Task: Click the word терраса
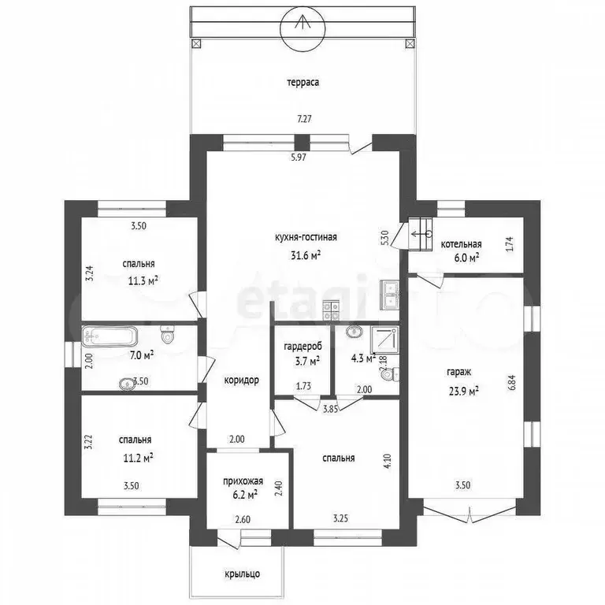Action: (302, 83)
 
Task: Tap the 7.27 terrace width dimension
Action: (304, 119)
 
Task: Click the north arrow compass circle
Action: (302, 28)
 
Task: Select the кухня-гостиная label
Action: (306, 237)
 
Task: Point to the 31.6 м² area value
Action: (306, 255)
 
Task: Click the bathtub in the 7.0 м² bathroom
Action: (109, 336)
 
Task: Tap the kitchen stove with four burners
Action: (331, 310)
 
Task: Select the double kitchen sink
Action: (391, 295)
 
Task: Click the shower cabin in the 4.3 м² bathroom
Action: (385, 340)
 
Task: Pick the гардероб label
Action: (302, 347)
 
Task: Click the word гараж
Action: (458, 373)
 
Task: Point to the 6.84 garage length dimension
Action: (513, 382)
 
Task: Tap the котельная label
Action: (461, 244)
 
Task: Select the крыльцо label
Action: (243, 573)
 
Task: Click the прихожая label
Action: (243, 481)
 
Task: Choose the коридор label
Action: (242, 380)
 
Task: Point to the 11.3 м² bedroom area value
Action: (143, 280)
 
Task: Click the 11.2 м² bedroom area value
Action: (138, 458)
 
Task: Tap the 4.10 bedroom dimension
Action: (388, 462)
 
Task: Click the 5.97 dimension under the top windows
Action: (299, 158)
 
